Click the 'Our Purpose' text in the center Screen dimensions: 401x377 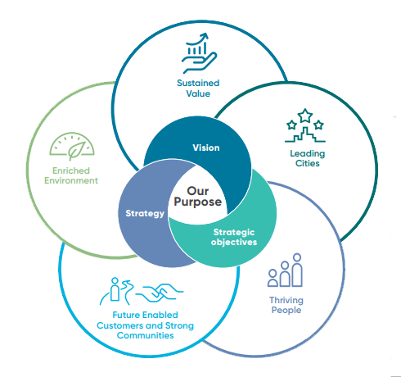[198, 197]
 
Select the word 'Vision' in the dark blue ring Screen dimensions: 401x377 [206, 148]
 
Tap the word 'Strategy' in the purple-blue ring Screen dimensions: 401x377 [145, 213]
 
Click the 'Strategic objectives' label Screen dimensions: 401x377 [234, 237]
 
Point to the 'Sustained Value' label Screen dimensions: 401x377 [198, 89]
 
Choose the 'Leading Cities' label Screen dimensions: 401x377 [308, 158]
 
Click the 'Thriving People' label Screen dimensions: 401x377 [286, 305]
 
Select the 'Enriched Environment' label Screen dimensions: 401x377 [71, 175]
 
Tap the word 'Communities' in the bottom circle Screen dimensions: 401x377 [146, 335]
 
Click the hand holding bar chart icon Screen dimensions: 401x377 [199, 53]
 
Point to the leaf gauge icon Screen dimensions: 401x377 [72, 147]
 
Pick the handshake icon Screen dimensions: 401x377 [160, 293]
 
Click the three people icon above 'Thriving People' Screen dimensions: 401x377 [286, 270]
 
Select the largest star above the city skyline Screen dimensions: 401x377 [305, 116]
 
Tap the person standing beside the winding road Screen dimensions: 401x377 [115, 289]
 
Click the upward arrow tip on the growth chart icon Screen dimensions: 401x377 [206, 34]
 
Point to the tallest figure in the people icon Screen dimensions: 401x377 [297, 270]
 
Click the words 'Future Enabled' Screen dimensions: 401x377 [146, 315]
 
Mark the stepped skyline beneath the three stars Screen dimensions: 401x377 [305, 134]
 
